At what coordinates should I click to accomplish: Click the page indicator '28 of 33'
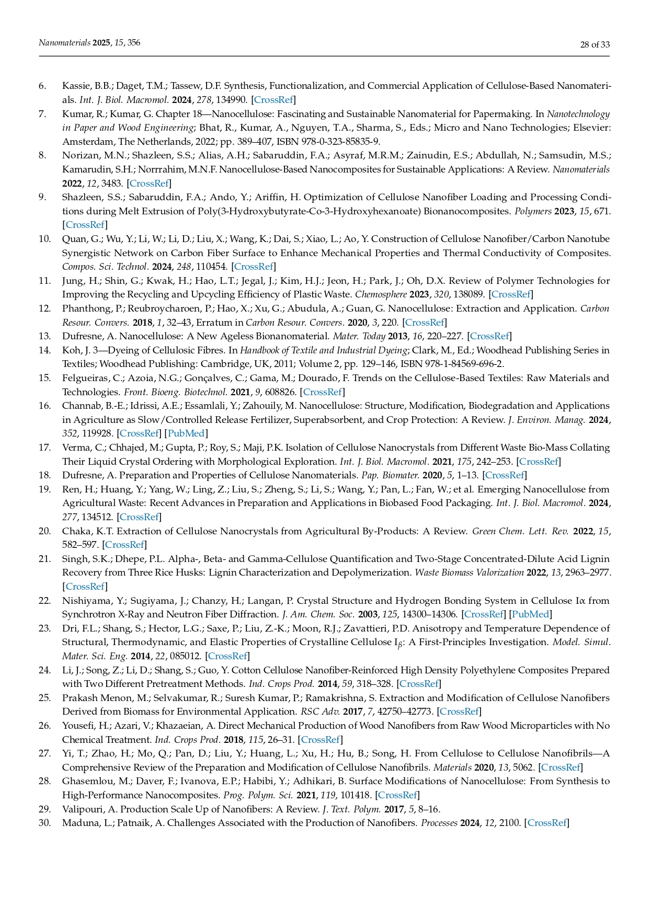(595, 44)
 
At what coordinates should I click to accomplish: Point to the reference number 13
(44, 336)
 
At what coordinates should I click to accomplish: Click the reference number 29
(44, 809)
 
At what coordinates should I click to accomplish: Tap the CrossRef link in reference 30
(547, 823)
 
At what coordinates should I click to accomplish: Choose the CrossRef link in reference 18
(505, 475)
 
